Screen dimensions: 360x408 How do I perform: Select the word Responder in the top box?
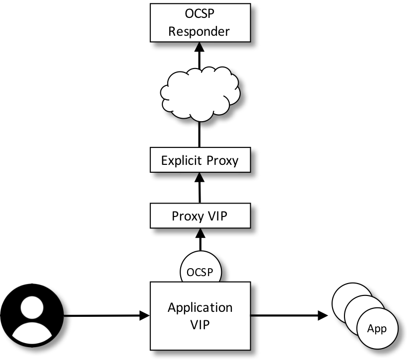pyautogui.click(x=200, y=32)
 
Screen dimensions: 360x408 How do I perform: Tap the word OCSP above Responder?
pyautogui.click(x=200, y=14)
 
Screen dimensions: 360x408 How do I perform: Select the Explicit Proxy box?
pyautogui.click(x=200, y=160)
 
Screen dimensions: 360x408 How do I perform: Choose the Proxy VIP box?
pyautogui.click(x=200, y=216)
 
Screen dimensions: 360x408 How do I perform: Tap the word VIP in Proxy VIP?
pyautogui.click(x=218, y=216)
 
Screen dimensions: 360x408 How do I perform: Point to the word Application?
pyautogui.click(x=200, y=308)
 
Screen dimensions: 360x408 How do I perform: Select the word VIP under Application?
pyautogui.click(x=200, y=325)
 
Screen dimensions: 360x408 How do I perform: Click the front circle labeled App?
pyautogui.click(x=377, y=329)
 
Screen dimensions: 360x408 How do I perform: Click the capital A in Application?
pyautogui.click(x=172, y=307)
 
